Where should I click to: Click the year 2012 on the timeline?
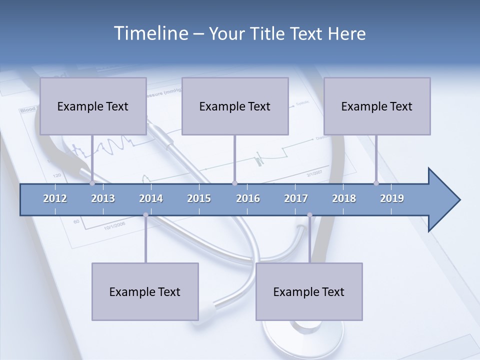click(55, 198)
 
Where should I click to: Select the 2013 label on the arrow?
click(103, 198)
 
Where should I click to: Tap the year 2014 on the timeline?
click(151, 198)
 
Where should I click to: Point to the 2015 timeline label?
click(199, 198)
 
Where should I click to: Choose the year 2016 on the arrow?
click(248, 198)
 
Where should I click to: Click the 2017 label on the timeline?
click(296, 198)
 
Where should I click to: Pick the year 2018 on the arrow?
click(344, 198)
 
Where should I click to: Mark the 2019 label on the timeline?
click(392, 198)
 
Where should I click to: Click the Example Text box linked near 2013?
click(93, 106)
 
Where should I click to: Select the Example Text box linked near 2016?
click(235, 106)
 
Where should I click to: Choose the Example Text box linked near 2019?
click(377, 106)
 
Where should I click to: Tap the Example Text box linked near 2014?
click(145, 291)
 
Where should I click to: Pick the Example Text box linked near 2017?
click(309, 291)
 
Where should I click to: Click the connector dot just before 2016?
click(234, 183)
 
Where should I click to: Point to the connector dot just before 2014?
click(145, 215)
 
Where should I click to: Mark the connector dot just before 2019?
click(376, 183)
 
